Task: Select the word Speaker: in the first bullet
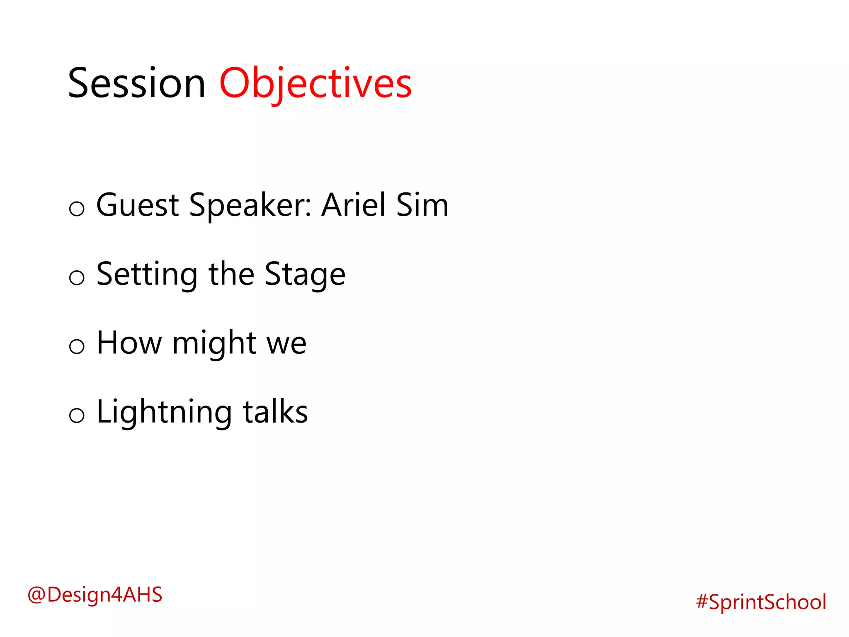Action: tap(250, 205)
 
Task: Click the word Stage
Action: tap(305, 275)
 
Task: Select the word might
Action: tap(214, 343)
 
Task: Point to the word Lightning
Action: tap(164, 412)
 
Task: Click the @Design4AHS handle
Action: tap(95, 595)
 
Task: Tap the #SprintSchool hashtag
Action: tap(761, 602)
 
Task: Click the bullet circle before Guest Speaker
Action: tap(77, 208)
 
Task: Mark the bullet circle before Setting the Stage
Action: tap(77, 277)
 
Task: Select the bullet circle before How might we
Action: tap(77, 346)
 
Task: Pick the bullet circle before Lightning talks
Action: tap(77, 415)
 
